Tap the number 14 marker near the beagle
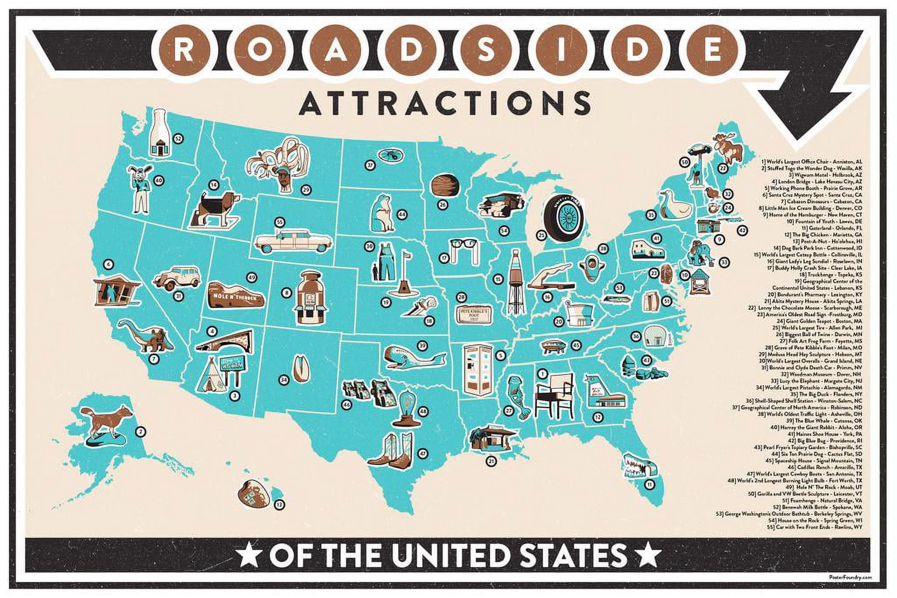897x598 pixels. point(213,185)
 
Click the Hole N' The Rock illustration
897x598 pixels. point(236,295)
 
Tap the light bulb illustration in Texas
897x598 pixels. point(403,409)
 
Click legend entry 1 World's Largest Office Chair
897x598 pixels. point(812,162)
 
